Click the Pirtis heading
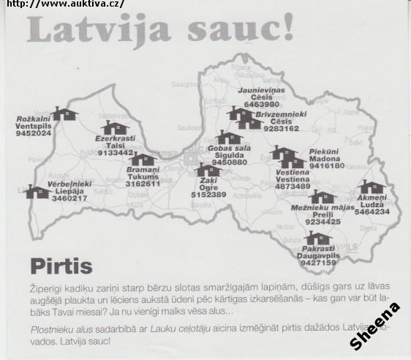pyautogui.click(x=61, y=265)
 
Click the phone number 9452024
pyautogui.click(x=34, y=134)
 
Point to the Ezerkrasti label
pyautogui.click(x=115, y=138)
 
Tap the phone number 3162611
pyautogui.click(x=143, y=184)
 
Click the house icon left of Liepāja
pyautogui.click(x=37, y=192)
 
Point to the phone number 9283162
pyautogui.click(x=282, y=128)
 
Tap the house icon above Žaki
pyautogui.click(x=208, y=170)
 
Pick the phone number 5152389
pyautogui.click(x=208, y=195)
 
